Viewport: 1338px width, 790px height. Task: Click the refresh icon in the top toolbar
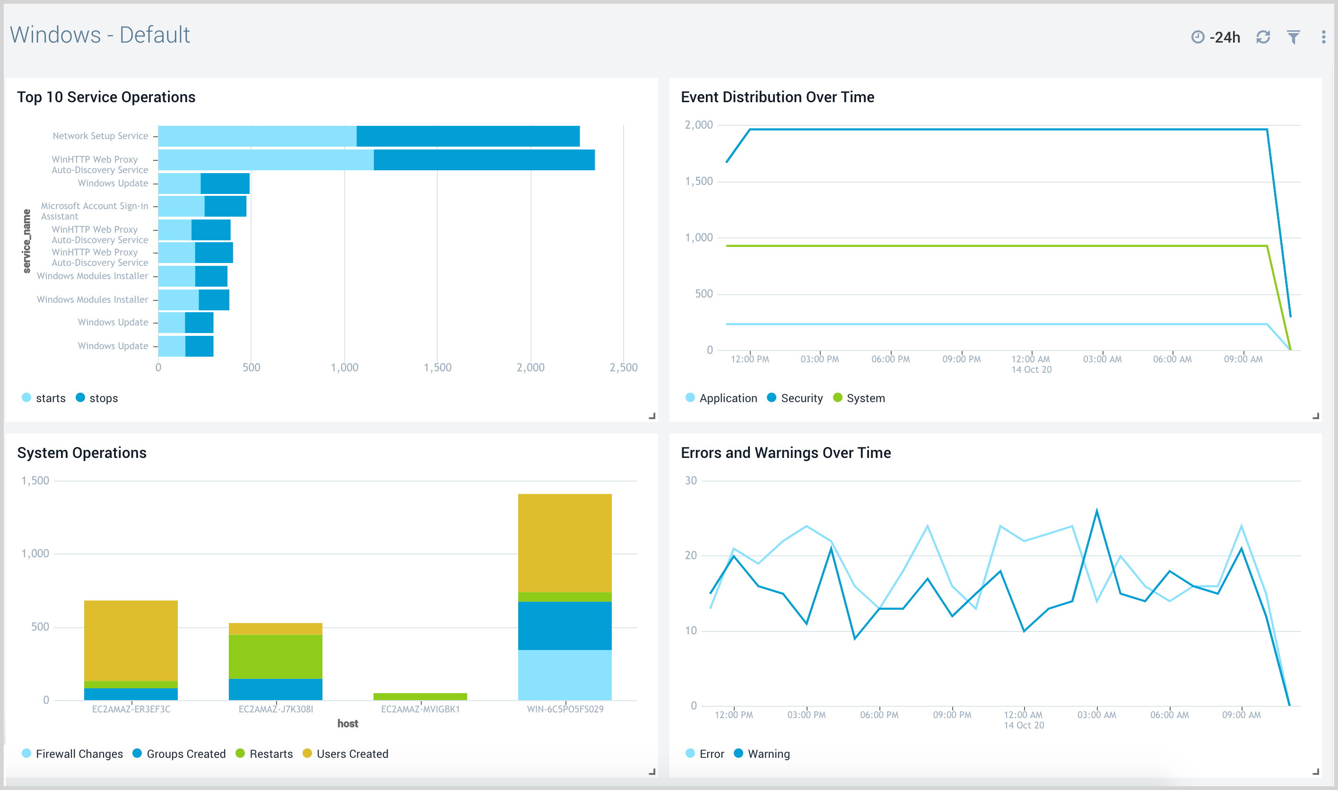coord(1262,37)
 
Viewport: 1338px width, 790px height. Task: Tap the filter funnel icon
coord(1293,37)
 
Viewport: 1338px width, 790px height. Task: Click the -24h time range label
coord(1224,37)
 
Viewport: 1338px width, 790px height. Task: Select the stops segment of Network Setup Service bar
coord(468,136)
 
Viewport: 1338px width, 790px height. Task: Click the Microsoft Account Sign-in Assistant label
coord(94,211)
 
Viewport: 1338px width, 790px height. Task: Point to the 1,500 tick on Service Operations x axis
coord(437,367)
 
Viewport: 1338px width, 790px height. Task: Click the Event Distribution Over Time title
coord(777,97)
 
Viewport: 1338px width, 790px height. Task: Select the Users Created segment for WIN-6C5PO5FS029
coord(565,543)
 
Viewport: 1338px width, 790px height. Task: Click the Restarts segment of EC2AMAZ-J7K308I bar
coord(275,657)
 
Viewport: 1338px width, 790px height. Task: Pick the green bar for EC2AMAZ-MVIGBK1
coord(420,696)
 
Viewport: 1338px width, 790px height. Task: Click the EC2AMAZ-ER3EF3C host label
coord(131,709)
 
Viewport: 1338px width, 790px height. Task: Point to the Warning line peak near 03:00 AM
coord(1096,511)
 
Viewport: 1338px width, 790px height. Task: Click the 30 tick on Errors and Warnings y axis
coord(691,481)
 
